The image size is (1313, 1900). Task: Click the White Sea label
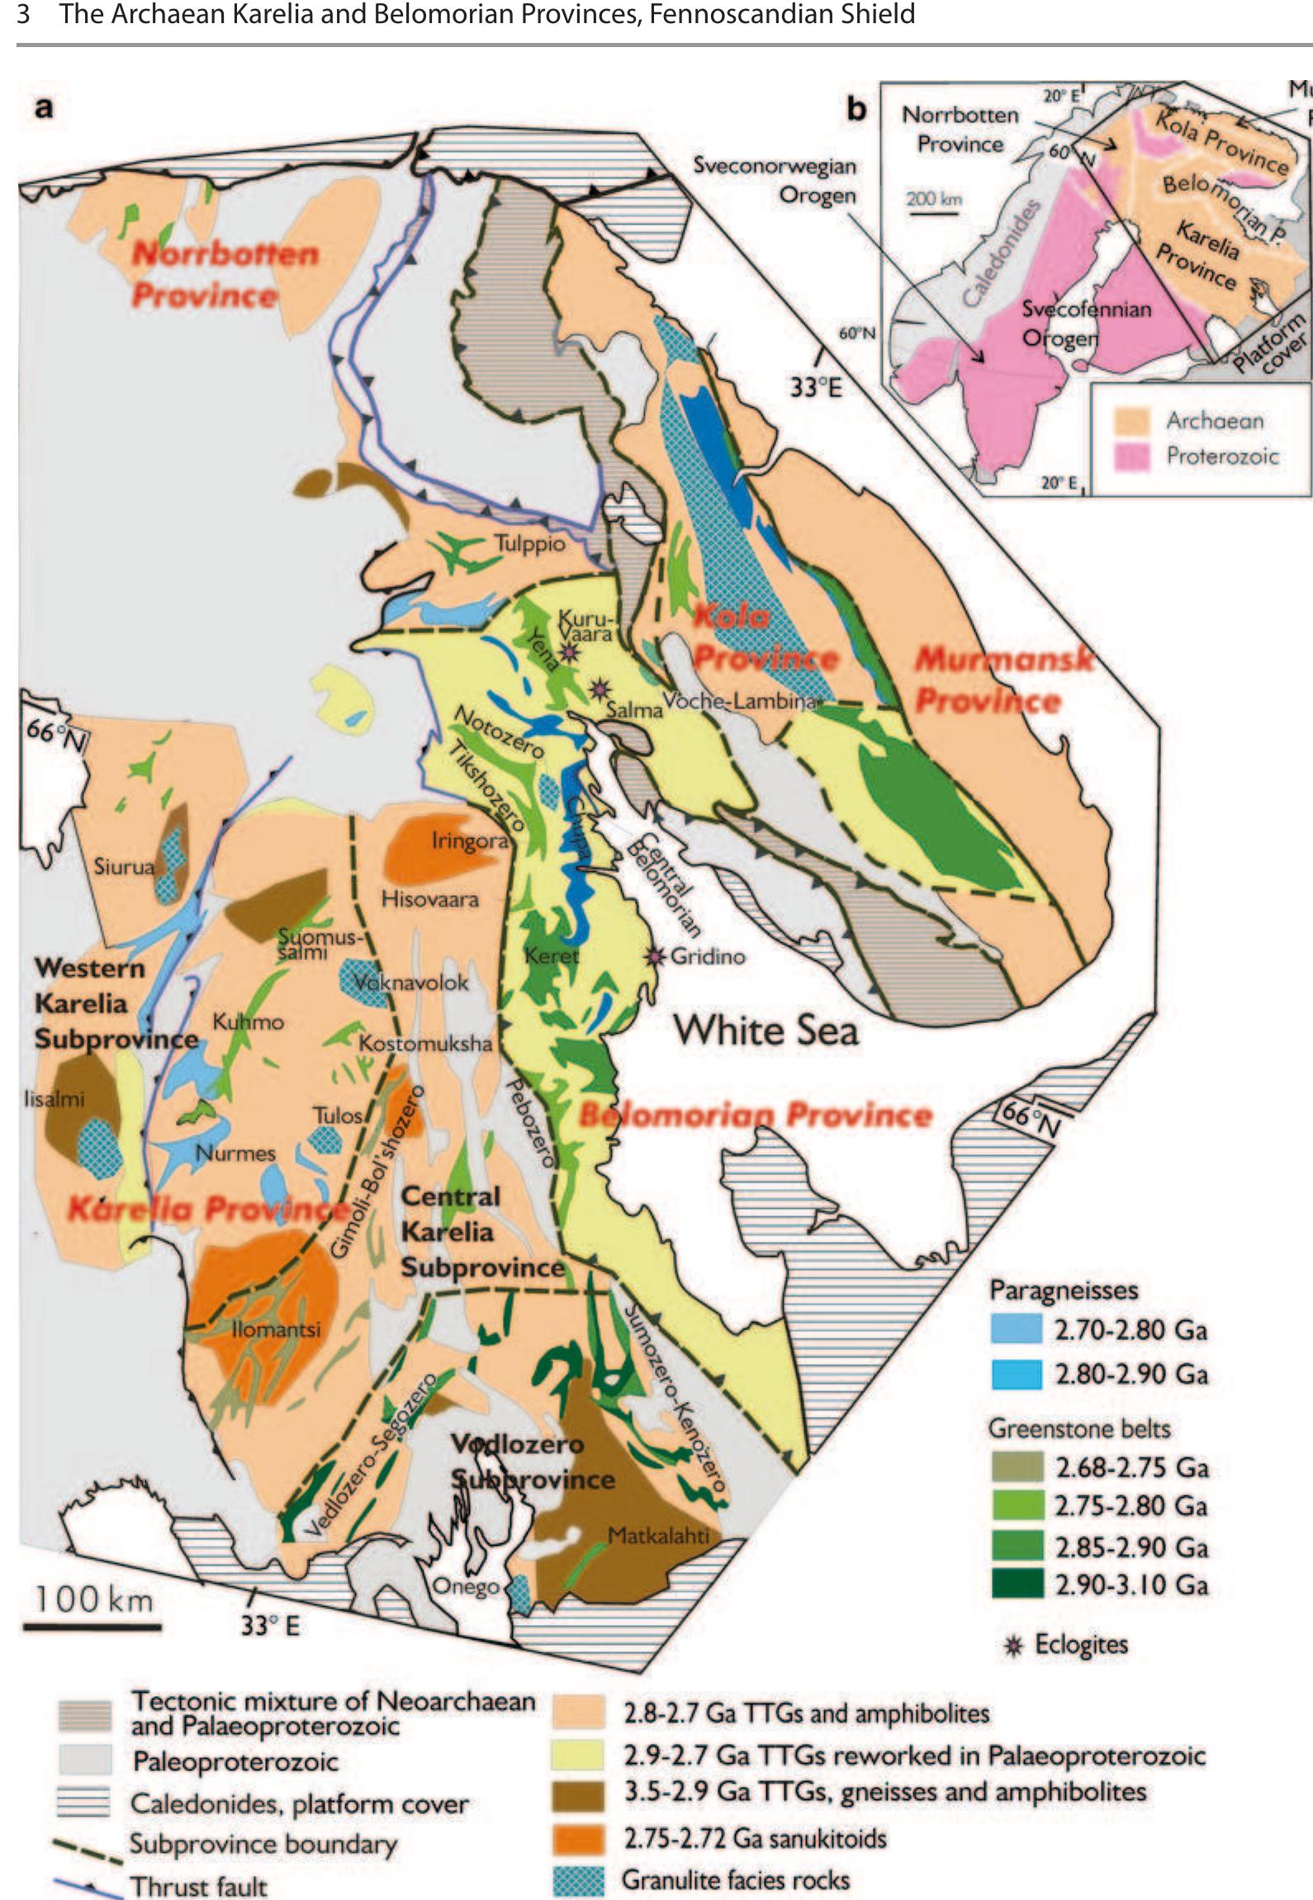[x=766, y=1031]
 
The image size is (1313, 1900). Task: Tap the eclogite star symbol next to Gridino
[x=656, y=956]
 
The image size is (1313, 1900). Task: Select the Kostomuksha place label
[x=424, y=1043]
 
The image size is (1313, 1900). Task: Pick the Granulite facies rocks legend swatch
[x=579, y=1879]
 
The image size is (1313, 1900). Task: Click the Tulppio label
[x=529, y=544]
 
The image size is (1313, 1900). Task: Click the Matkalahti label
[x=658, y=1536]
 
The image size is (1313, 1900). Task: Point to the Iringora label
[x=470, y=841]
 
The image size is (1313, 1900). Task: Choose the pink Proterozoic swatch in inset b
[x=1132, y=457]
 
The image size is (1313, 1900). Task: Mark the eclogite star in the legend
[x=1016, y=1645]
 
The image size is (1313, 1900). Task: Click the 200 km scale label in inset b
[x=934, y=199]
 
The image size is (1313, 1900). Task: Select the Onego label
[x=466, y=1587]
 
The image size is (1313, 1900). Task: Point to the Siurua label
[x=124, y=866]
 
